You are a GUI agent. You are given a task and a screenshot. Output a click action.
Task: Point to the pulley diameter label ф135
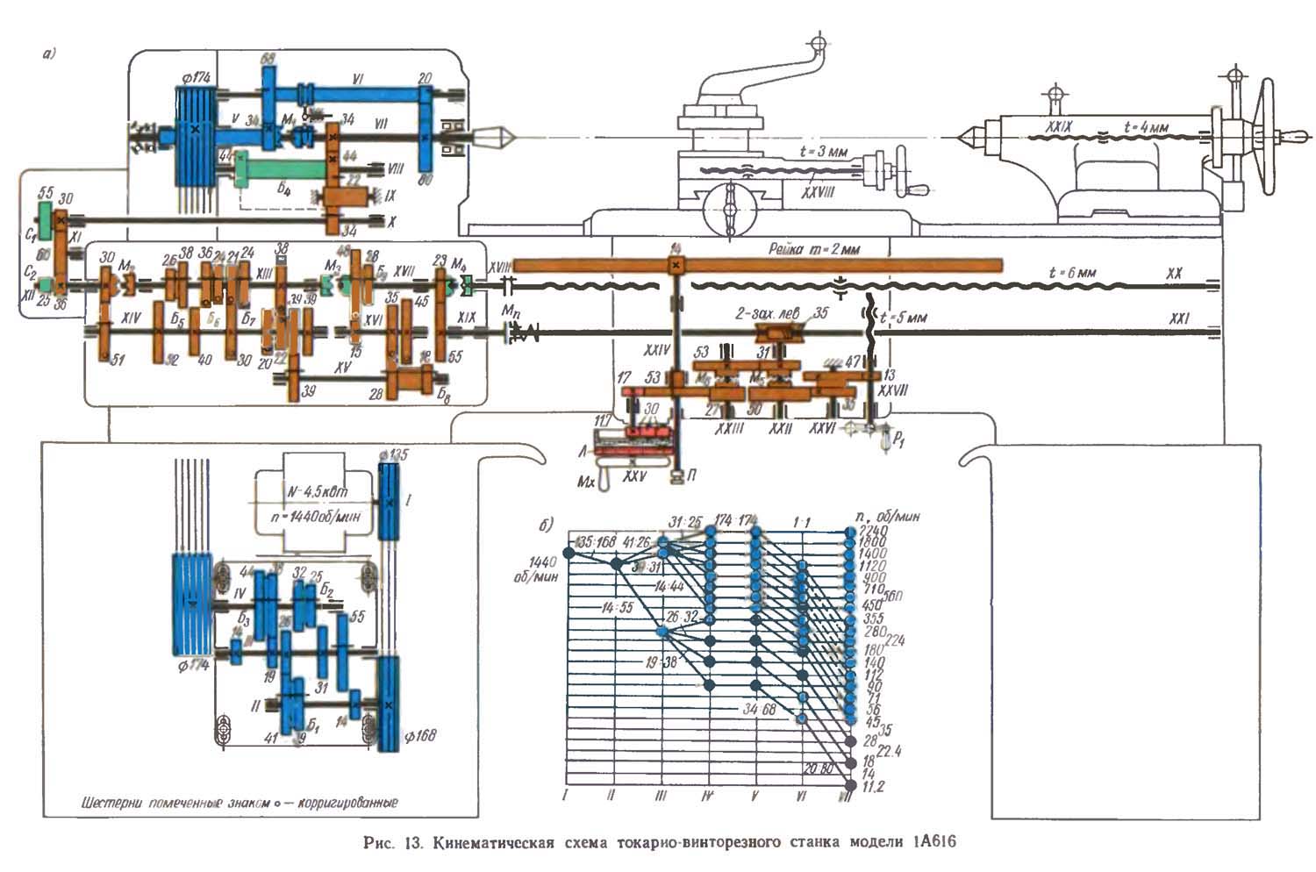coord(395,454)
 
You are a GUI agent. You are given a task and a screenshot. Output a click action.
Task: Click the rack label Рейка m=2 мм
coord(814,249)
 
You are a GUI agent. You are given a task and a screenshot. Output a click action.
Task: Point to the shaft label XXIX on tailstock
coord(1061,127)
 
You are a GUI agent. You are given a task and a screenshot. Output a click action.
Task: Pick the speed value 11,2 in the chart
coord(873,787)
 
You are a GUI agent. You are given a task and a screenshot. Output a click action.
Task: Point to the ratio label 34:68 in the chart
coord(758,709)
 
